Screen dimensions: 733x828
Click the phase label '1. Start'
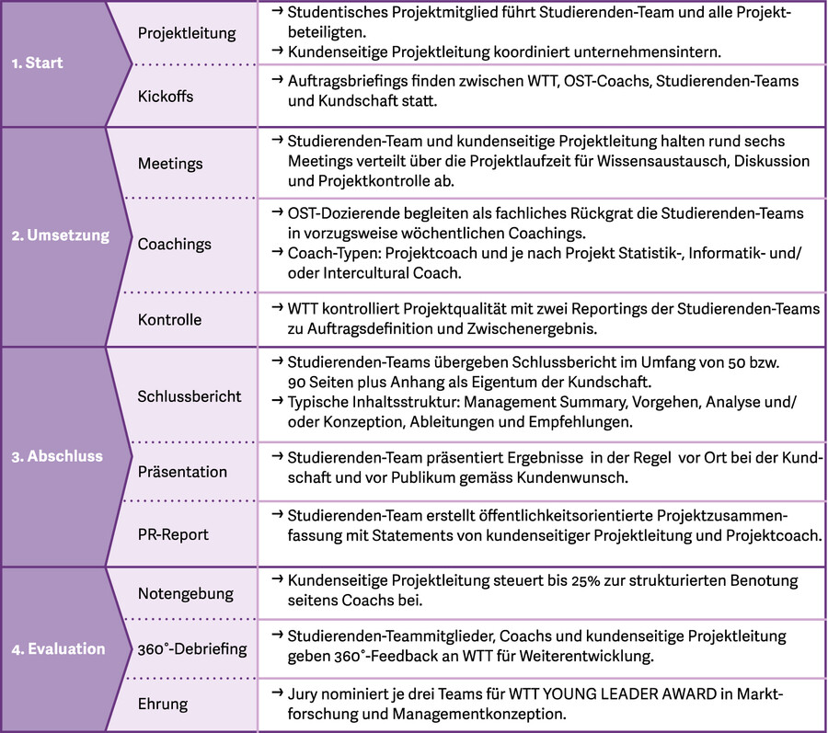click(37, 63)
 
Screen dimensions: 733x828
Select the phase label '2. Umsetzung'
click(60, 235)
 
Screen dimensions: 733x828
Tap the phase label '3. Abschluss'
click(57, 456)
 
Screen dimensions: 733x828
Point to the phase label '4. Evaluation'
click(58, 649)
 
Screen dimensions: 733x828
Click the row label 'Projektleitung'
click(187, 33)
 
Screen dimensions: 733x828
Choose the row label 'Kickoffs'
click(166, 96)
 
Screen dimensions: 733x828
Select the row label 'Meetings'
click(170, 164)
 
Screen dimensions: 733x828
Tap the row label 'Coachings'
click(175, 245)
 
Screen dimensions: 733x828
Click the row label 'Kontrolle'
click(169, 320)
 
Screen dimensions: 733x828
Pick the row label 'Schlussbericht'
click(190, 396)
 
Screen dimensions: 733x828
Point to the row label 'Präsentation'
click(182, 472)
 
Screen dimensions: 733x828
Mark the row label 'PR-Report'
click(173, 534)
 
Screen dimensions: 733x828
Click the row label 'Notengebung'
click(186, 593)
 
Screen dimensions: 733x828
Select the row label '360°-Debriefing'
click(192, 649)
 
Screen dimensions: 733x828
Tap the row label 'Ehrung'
click(163, 704)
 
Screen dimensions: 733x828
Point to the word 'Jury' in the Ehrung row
click(304, 693)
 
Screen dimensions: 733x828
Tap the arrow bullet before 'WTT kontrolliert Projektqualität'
click(277, 308)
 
